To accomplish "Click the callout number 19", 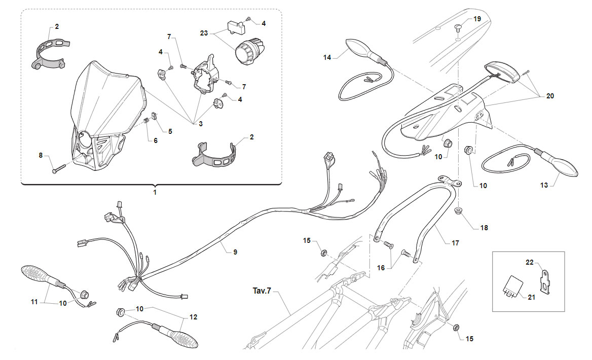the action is (477, 19).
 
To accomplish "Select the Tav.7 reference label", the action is (262, 291).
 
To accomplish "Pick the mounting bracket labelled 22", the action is (544, 281).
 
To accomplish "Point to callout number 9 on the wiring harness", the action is (235, 252).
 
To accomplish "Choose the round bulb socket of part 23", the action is (250, 51).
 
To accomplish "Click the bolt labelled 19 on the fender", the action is (458, 27).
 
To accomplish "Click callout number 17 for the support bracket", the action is (455, 243).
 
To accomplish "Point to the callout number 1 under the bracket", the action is (155, 192).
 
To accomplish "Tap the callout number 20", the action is (550, 96).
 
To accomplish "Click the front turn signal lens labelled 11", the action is (34, 275).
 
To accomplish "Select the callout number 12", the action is (193, 317).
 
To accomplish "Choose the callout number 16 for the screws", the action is (381, 268).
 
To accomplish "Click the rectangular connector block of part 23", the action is (235, 26).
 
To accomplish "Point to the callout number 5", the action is (170, 131).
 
